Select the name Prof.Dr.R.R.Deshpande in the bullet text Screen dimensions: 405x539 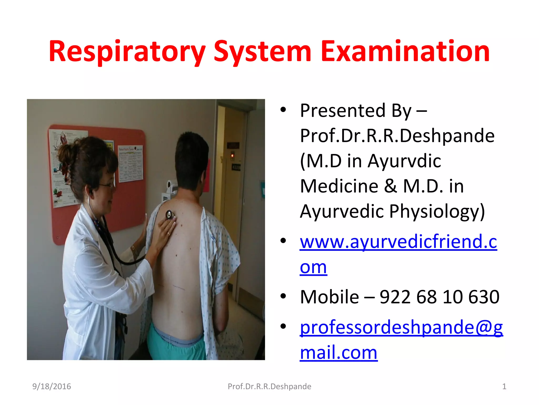397,136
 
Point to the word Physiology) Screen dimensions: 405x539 437,211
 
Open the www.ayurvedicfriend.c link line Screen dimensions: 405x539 398,242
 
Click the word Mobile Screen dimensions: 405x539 329,297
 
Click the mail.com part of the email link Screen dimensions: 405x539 338,353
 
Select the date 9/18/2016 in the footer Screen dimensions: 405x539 52,387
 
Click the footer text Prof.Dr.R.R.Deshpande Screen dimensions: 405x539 269,387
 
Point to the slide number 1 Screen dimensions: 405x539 504,387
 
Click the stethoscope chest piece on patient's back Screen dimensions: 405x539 169,215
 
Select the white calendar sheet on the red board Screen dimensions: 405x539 131,163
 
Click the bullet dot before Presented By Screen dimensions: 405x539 283,109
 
